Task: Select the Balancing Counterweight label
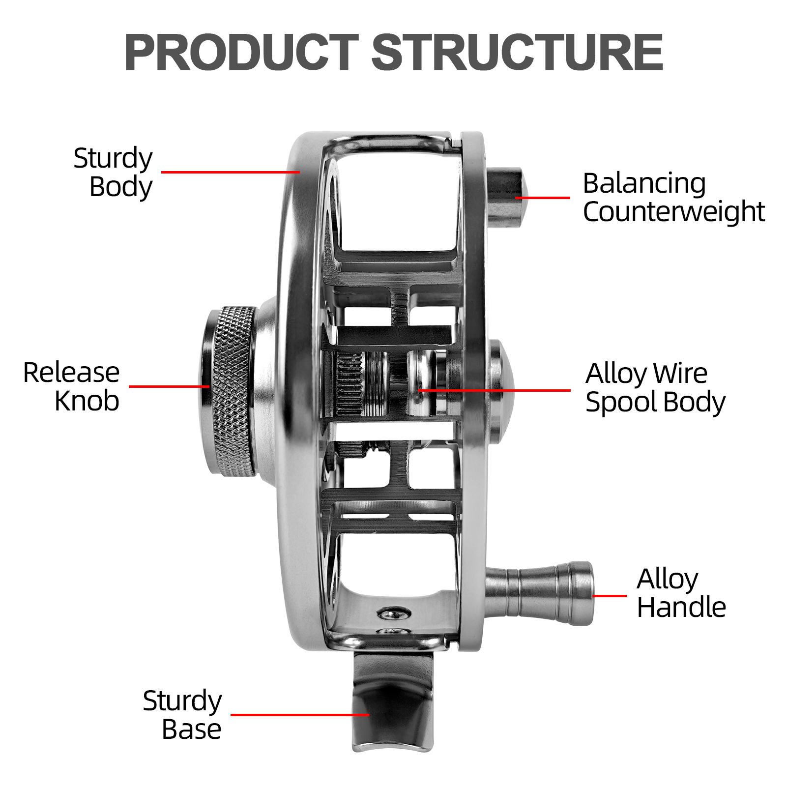pyautogui.click(x=673, y=197)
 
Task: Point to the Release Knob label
pyautogui.click(x=72, y=386)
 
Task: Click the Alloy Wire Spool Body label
pyautogui.click(x=655, y=388)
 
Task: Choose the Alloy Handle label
pyautogui.click(x=681, y=593)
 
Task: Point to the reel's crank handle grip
pyautogui.click(x=541, y=593)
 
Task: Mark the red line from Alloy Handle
pyautogui.click(x=610, y=596)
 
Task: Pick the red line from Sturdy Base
pyautogui.click(x=299, y=715)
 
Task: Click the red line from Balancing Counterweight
pyautogui.click(x=543, y=198)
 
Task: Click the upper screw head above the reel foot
pyautogui.click(x=394, y=613)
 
